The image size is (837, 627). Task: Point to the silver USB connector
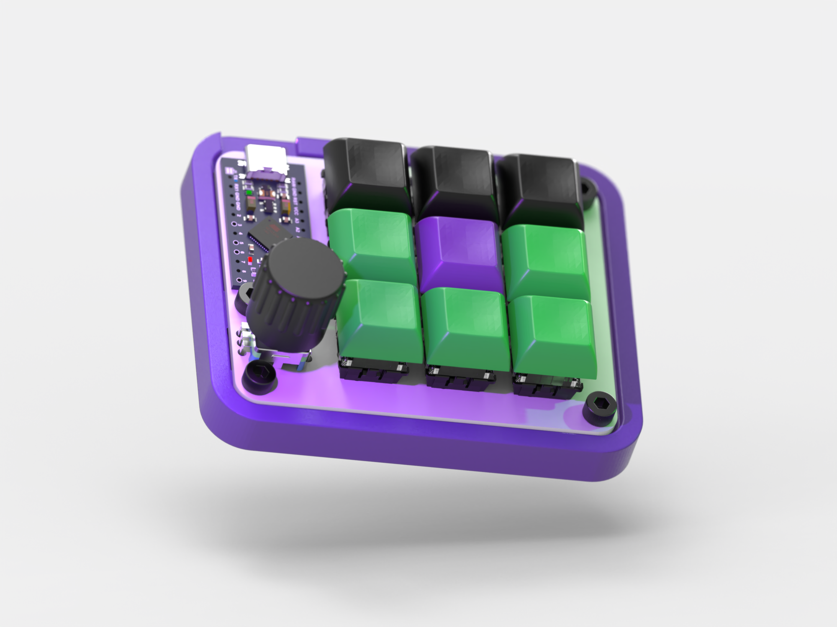pos(267,159)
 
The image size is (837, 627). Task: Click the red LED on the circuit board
pos(250,260)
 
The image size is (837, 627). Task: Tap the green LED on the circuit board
pos(249,193)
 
